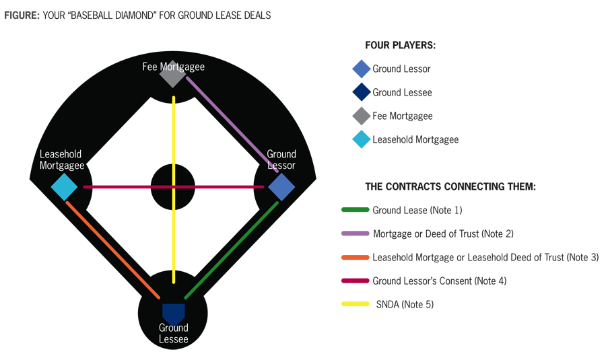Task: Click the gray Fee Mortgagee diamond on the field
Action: [x=172, y=75]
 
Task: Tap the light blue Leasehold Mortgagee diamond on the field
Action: [x=65, y=186]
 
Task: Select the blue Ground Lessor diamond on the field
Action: [x=281, y=186]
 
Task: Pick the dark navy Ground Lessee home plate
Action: [x=173, y=313]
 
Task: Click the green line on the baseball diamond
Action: [x=231, y=250]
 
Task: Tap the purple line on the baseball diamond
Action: [x=232, y=124]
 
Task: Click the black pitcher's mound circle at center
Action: [x=162, y=176]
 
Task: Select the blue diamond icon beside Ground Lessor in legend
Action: [x=362, y=69]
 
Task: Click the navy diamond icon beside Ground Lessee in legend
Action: [x=362, y=92]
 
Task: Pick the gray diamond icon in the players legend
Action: [x=362, y=116]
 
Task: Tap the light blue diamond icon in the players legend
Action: [x=362, y=139]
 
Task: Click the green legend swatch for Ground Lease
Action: [x=356, y=210]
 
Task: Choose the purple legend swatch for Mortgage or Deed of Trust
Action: [x=356, y=233]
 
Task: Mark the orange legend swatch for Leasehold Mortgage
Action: [x=356, y=257]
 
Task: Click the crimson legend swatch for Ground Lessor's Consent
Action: [x=356, y=281]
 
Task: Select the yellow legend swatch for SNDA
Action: [x=356, y=304]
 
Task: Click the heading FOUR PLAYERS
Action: [x=400, y=45]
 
